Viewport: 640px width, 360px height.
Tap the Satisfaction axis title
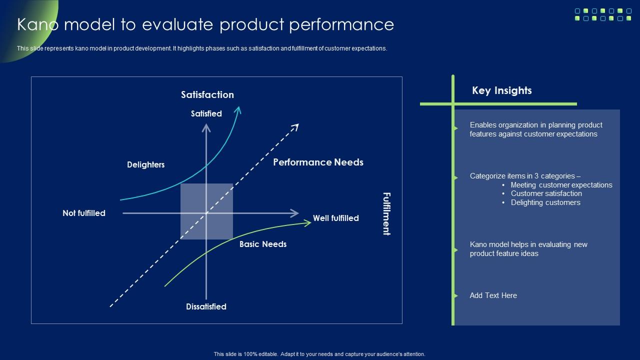click(207, 94)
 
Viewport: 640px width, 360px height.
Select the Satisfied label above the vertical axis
click(206, 113)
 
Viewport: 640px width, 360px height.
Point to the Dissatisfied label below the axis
click(206, 306)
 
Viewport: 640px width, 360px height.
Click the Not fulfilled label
click(83, 213)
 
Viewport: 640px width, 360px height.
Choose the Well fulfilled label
click(335, 218)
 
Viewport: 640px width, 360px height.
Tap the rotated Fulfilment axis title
click(386, 213)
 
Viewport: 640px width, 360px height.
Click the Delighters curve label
click(145, 164)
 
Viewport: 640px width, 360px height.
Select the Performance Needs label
click(318, 162)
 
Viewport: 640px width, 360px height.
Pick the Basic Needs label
click(262, 244)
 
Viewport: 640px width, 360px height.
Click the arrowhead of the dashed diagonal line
click(295, 127)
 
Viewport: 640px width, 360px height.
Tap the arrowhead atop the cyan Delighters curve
click(238, 109)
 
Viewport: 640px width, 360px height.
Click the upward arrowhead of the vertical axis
click(206, 127)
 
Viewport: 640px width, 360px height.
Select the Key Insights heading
click(501, 90)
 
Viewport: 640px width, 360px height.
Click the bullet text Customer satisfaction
click(546, 193)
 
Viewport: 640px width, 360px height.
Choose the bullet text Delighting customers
click(545, 202)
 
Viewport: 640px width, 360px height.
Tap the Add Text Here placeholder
click(493, 295)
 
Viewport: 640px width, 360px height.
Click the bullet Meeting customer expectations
click(561, 185)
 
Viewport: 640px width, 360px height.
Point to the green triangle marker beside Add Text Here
click(455, 295)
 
